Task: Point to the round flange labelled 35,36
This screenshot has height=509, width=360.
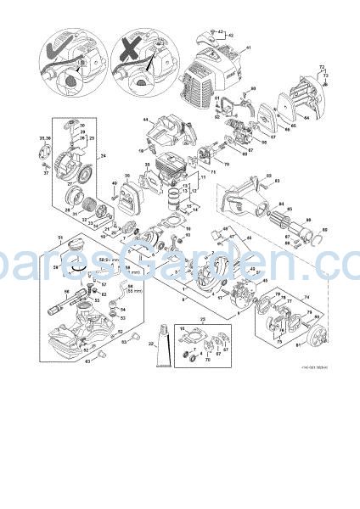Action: (37, 154)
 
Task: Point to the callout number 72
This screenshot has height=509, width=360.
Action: (321, 65)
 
